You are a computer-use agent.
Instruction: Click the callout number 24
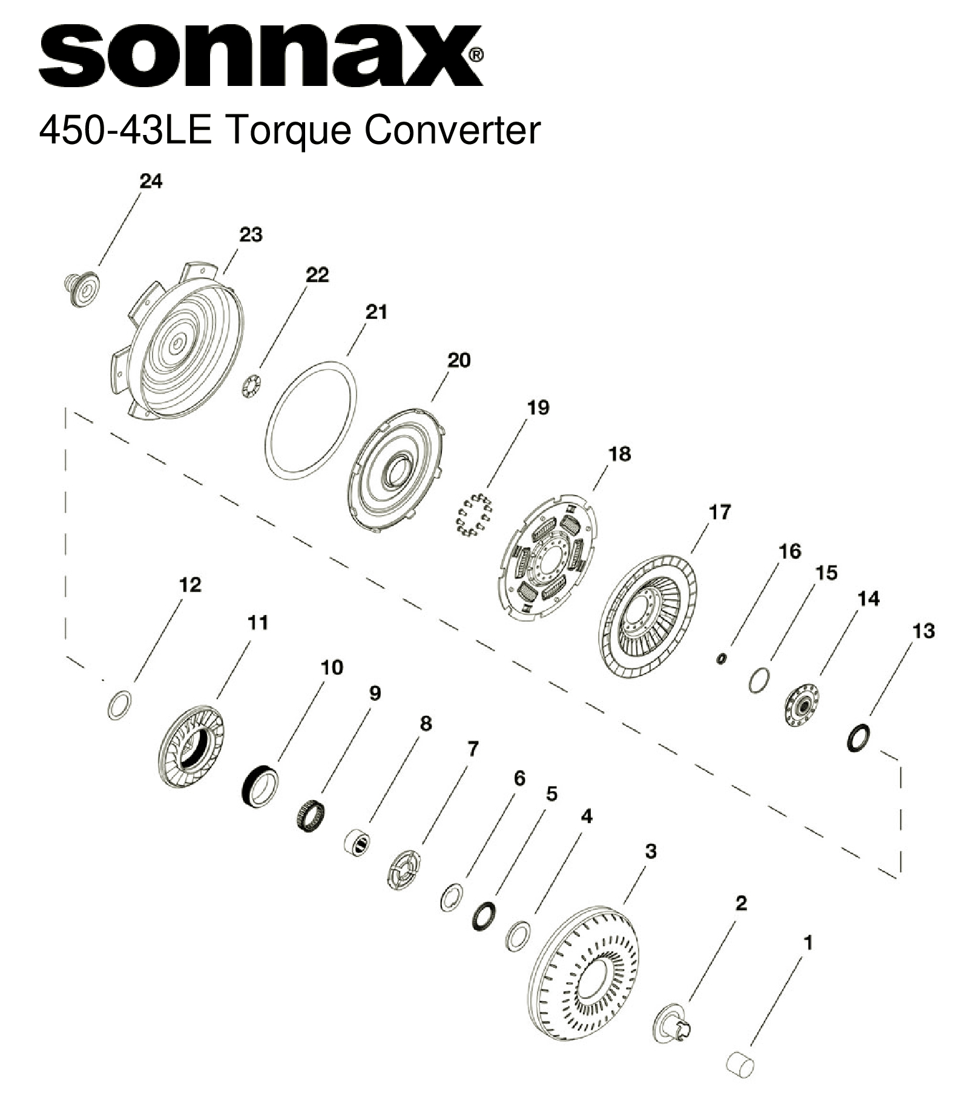pos(151,181)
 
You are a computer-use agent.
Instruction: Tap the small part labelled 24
pos(81,289)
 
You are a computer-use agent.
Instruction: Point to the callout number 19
pos(538,407)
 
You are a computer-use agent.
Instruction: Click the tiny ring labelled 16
pos(721,659)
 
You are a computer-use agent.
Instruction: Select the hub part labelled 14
pos(801,705)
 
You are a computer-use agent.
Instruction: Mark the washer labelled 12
pos(120,705)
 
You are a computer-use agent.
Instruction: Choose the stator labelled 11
pos(191,747)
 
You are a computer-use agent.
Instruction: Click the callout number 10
pos(332,668)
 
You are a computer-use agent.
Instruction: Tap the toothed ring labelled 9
pos(312,815)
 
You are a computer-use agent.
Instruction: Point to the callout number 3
pos(650,851)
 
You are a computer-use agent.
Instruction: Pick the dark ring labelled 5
pos(483,916)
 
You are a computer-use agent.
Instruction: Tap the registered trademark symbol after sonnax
pos(476,56)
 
